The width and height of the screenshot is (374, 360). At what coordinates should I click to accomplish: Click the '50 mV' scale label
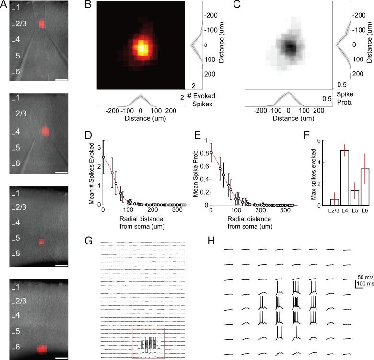click(x=363, y=277)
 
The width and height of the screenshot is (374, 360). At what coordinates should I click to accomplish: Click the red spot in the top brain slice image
click(x=42, y=24)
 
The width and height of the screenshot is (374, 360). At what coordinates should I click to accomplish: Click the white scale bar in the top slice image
click(x=61, y=80)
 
